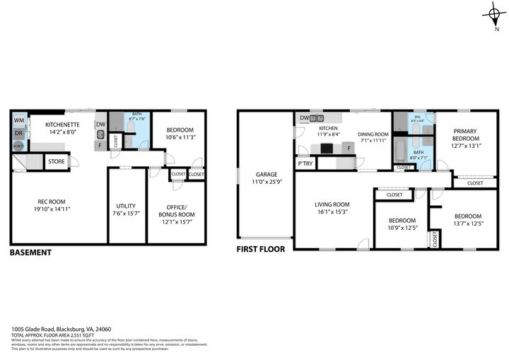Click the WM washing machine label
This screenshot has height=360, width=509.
tap(18, 120)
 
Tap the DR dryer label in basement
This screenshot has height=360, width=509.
tap(18, 133)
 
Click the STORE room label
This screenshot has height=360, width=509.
tap(57, 162)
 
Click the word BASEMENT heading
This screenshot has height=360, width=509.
tap(30, 252)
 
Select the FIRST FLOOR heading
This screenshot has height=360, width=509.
tap(261, 249)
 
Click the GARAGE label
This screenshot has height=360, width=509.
tap(266, 178)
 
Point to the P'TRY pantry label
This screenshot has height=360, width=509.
tap(305, 163)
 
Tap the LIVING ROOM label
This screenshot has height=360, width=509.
tap(332, 208)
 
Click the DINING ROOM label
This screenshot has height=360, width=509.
tap(373, 137)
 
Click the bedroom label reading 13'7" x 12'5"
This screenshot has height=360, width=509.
tap(468, 220)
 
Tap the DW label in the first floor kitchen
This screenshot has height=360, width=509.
tap(305, 117)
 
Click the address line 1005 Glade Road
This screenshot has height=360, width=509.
tap(61, 328)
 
